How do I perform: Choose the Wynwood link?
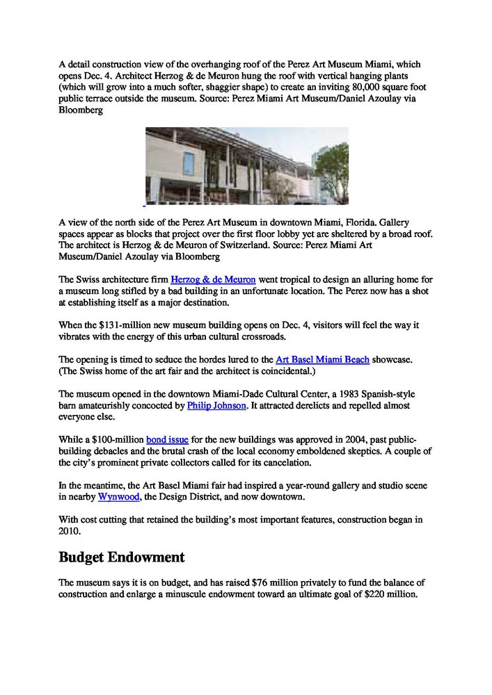pos(119,497)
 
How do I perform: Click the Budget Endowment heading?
pos(122,557)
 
